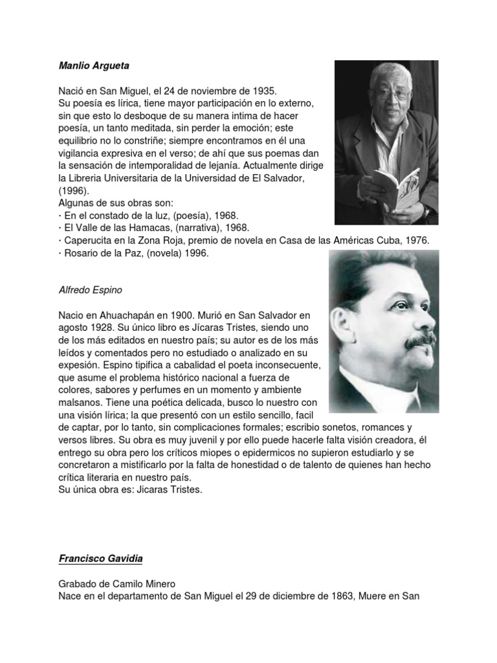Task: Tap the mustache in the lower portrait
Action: (x=417, y=340)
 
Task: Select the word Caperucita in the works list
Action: (x=87, y=240)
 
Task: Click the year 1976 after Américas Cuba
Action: (x=419, y=240)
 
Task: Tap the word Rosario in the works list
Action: (x=80, y=253)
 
